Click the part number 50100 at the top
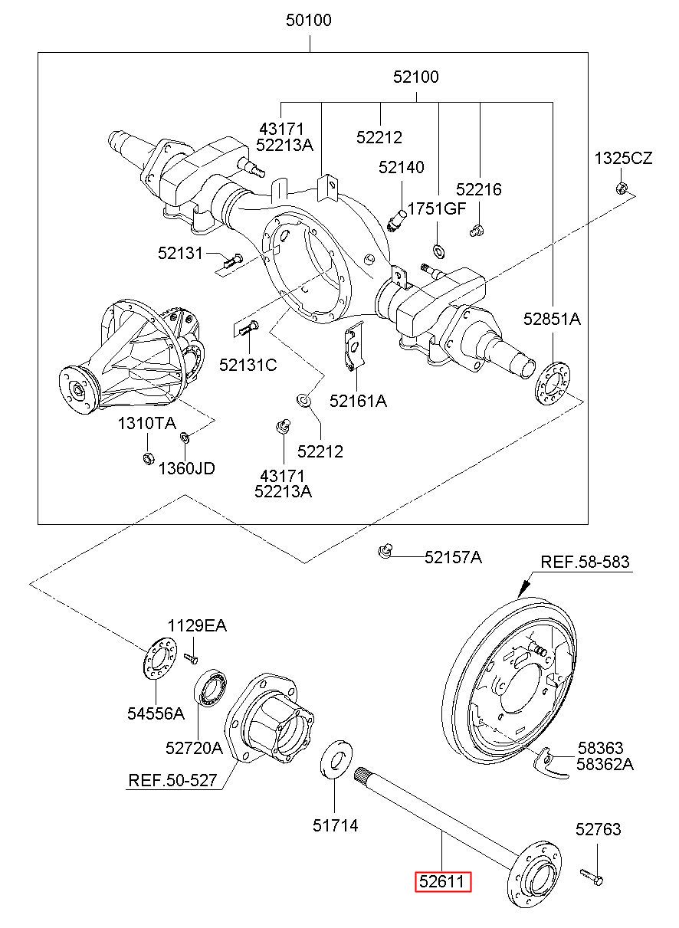(x=309, y=21)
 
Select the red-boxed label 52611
(x=443, y=882)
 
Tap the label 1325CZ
(x=623, y=159)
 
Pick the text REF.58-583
(x=585, y=562)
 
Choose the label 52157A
(x=453, y=557)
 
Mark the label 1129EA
(x=197, y=626)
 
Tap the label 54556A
(x=156, y=713)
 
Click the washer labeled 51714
(x=335, y=759)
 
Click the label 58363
(x=600, y=747)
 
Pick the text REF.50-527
(x=172, y=781)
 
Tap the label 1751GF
(x=436, y=208)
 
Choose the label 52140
(x=401, y=168)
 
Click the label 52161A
(x=358, y=400)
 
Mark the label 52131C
(x=248, y=365)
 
